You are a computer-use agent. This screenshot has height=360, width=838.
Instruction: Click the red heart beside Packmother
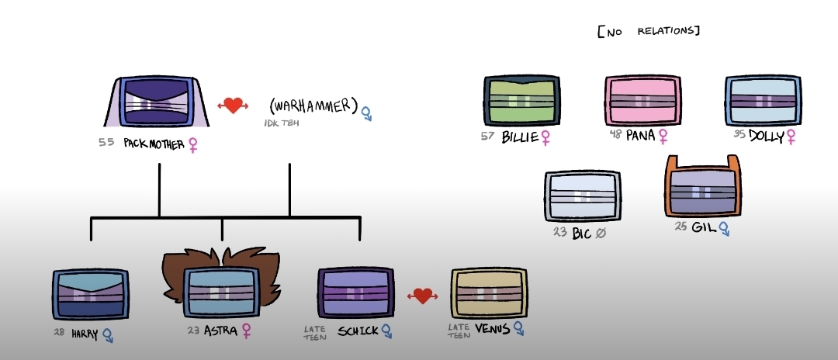point(233,106)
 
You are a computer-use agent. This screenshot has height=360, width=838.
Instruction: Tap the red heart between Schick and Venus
point(423,296)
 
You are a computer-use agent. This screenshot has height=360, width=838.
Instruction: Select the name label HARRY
point(85,334)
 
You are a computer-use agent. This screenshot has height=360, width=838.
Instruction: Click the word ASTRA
point(220,331)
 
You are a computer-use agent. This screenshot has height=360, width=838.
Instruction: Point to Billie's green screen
point(522,101)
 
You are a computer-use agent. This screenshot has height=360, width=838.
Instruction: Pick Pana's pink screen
point(643,101)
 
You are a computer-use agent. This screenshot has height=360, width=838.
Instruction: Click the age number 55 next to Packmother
point(106,143)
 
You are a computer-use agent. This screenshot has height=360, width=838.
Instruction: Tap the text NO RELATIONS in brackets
point(649,31)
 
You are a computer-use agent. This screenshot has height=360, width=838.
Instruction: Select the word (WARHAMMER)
point(313,106)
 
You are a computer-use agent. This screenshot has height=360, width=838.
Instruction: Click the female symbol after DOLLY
point(791,137)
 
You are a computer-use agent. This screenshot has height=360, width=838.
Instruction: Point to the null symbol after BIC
point(601,234)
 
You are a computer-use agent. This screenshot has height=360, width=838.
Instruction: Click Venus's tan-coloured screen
point(489,293)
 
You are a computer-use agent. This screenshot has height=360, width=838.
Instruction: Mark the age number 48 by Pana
point(616,134)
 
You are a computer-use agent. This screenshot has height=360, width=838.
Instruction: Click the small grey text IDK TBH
point(282,123)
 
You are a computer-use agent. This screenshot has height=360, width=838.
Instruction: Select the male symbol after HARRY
point(108,335)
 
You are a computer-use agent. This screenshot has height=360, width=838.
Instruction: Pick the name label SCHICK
point(358,331)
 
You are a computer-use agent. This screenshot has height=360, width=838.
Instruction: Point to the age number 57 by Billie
point(487,137)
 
